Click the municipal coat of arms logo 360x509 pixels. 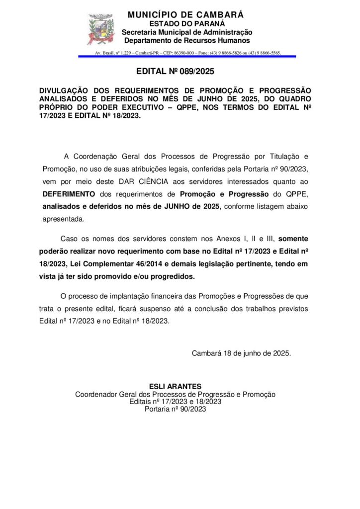point(101,29)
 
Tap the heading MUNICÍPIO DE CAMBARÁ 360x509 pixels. point(185,15)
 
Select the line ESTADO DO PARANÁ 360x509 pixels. point(187,23)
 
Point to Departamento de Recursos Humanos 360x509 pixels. point(187,40)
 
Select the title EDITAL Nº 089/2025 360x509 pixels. point(175,72)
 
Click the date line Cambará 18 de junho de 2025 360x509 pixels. point(241,353)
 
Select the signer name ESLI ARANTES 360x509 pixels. point(175,387)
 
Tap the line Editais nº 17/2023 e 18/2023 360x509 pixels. point(175,402)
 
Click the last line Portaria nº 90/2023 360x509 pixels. point(175,409)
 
